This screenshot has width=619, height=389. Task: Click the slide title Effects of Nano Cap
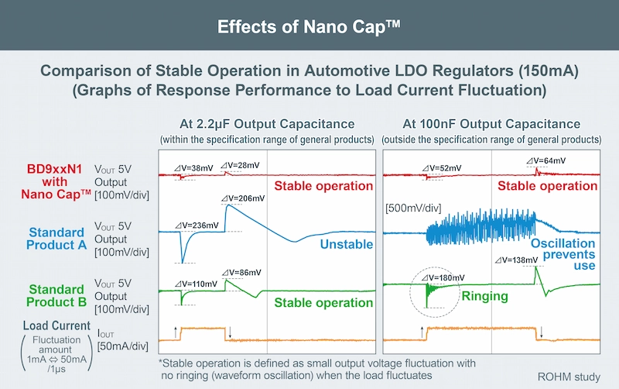[309, 25]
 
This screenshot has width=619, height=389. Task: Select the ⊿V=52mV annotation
[441, 167]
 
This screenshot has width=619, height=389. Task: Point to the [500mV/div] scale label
[413, 208]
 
